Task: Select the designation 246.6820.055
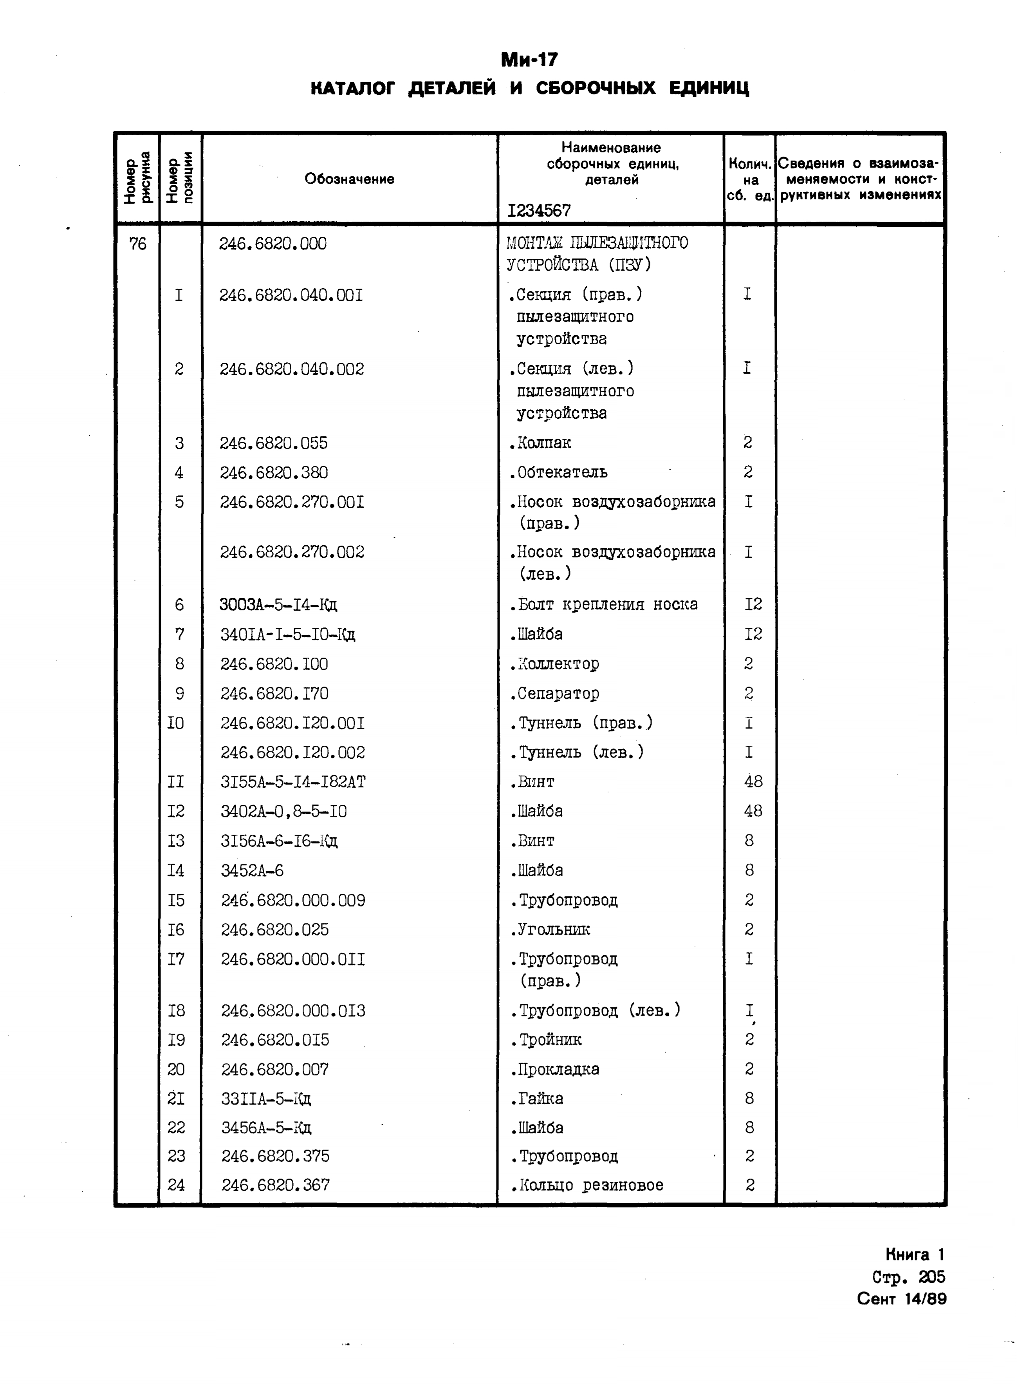point(274,443)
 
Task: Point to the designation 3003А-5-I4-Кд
point(278,604)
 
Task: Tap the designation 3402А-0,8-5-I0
point(283,812)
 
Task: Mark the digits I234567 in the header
point(539,211)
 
